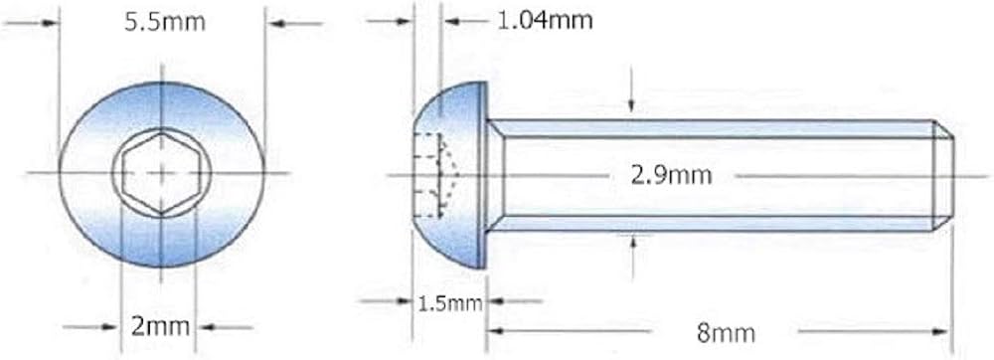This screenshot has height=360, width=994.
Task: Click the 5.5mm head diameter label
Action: click(x=165, y=23)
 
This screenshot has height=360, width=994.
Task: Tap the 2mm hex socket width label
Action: click(x=160, y=327)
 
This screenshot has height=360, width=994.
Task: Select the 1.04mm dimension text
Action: click(x=544, y=21)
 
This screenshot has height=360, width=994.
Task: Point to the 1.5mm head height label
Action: click(x=450, y=303)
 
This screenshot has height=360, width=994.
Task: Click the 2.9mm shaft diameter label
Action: click(x=671, y=176)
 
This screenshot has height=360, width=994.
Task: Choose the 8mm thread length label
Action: click(x=726, y=333)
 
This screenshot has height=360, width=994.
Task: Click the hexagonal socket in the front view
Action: click(x=162, y=172)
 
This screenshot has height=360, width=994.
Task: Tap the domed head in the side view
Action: click(x=449, y=174)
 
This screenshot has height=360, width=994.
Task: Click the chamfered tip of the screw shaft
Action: click(x=942, y=176)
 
